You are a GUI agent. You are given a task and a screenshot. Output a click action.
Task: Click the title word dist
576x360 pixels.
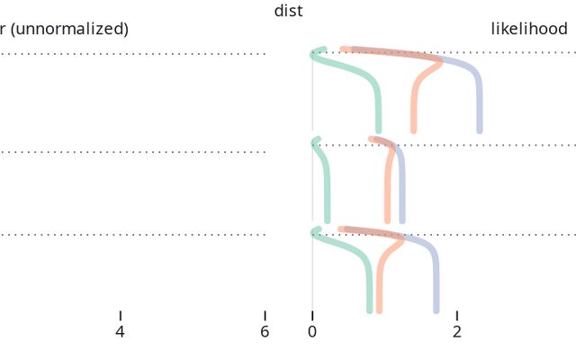pyautogui.click(x=288, y=11)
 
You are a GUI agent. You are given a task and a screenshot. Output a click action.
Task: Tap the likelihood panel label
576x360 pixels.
pyautogui.click(x=529, y=29)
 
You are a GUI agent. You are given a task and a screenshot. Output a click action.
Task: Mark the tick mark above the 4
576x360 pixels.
pyautogui.click(x=120, y=315)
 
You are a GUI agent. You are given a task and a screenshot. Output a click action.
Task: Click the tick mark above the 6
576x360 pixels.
pyautogui.click(x=265, y=315)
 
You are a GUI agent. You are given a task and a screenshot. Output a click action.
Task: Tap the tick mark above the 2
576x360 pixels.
pyautogui.click(x=457, y=315)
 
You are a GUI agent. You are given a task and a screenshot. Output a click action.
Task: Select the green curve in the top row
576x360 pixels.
pyautogui.click(x=378, y=108)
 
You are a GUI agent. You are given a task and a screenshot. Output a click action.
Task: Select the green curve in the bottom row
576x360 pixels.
pyautogui.click(x=369, y=288)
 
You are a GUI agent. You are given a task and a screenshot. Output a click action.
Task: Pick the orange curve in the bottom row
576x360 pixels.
pyautogui.click(x=380, y=288)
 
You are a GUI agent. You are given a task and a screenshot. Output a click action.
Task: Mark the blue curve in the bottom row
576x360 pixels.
pyautogui.click(x=436, y=288)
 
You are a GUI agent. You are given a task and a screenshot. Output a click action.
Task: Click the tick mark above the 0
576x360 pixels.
pyautogui.click(x=312, y=315)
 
